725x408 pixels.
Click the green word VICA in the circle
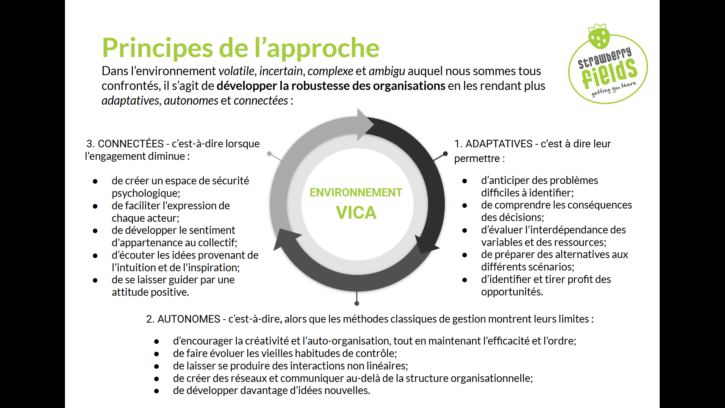pos(356,213)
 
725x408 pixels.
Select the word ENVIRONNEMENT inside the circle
pos(356,193)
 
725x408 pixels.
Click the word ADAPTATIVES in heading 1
pos(499,144)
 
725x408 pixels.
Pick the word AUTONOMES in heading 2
pos(188,319)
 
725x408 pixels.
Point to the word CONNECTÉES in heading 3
pos(131,144)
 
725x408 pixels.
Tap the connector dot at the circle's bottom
pos(357,303)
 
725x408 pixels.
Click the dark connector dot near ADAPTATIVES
pos(445,154)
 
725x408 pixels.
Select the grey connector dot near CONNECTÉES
pos(269,154)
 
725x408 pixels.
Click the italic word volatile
pos(237,71)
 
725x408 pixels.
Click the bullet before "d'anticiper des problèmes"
pos(464,181)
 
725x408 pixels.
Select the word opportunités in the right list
pos(511,292)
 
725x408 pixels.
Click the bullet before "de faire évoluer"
pos(156,354)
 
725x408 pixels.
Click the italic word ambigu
pos(387,71)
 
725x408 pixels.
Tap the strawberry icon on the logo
pos(599,36)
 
